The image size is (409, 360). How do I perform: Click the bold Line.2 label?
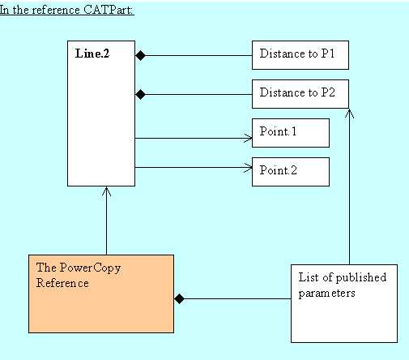tap(92, 54)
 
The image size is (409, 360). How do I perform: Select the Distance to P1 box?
tap(300, 55)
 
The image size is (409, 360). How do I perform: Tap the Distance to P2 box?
tap(300, 94)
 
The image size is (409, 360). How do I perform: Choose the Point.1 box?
tap(291, 133)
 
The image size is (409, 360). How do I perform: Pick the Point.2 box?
tap(291, 172)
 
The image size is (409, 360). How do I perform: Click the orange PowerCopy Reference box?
tap(101, 294)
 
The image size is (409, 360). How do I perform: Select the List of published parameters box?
tap(344, 303)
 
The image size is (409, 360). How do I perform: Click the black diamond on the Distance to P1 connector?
tap(140, 55)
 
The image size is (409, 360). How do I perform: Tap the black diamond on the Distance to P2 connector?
tap(140, 94)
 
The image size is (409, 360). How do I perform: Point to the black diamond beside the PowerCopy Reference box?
tap(179, 298)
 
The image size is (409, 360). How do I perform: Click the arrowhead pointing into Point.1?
tap(248, 138)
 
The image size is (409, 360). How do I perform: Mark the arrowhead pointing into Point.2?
tap(248, 167)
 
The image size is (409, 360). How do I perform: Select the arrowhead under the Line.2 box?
tap(106, 191)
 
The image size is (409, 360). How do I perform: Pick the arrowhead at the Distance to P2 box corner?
tap(349, 114)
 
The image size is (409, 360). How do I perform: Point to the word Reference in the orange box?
tap(62, 283)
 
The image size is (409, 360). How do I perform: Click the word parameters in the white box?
tap(326, 294)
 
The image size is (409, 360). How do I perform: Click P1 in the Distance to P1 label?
tap(328, 54)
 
